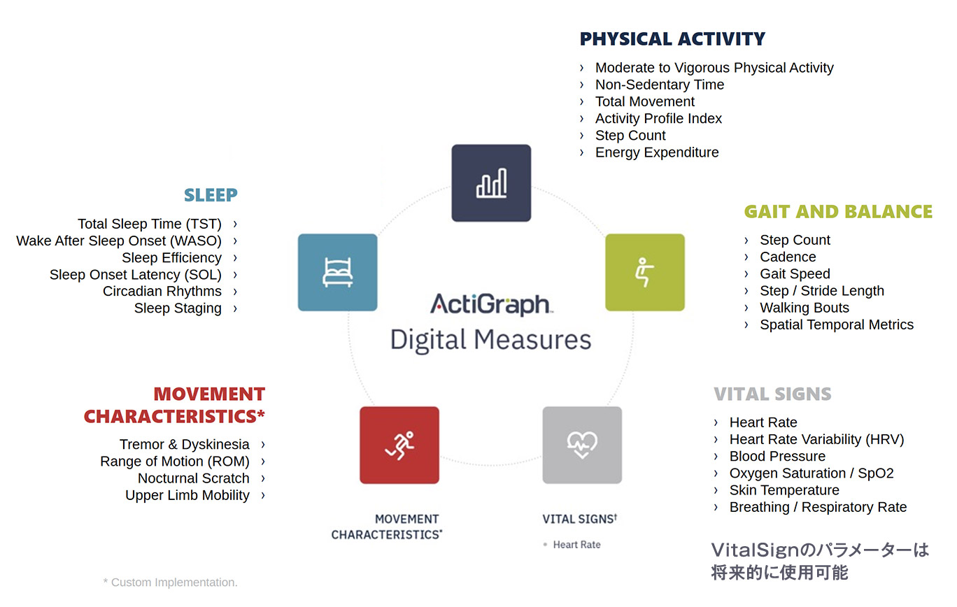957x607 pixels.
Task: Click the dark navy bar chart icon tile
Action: click(491, 183)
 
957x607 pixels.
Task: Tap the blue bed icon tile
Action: click(337, 272)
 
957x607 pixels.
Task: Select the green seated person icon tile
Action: click(645, 272)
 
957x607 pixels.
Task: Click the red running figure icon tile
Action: click(399, 445)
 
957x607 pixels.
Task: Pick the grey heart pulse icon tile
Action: click(582, 445)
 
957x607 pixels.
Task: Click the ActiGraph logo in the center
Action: click(491, 305)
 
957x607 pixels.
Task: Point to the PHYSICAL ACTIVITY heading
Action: click(672, 39)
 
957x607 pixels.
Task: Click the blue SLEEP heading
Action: click(211, 195)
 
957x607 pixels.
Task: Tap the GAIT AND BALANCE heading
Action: click(838, 212)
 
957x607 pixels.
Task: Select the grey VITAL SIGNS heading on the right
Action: click(772, 394)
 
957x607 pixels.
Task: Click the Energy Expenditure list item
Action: click(657, 152)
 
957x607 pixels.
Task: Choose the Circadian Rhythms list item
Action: click(162, 292)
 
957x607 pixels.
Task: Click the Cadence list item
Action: click(788, 257)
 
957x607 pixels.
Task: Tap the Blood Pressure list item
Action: click(777, 456)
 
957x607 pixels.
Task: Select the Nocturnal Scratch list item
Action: click(193, 478)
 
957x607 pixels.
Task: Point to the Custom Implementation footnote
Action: click(171, 583)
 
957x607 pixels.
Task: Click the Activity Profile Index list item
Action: click(658, 118)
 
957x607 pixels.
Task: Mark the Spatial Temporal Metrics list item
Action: click(837, 324)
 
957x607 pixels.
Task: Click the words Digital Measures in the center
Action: click(491, 340)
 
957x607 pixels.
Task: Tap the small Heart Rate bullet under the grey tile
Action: click(576, 545)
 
